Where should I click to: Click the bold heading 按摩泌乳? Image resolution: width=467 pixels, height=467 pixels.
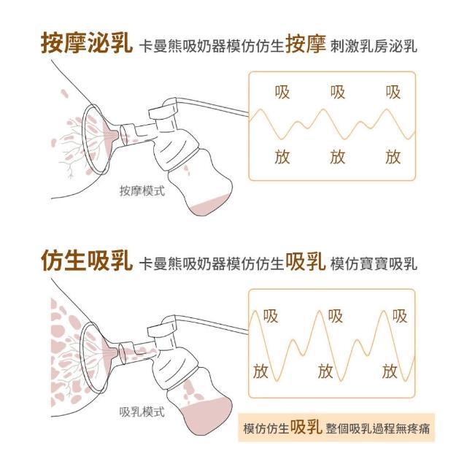[x=86, y=45]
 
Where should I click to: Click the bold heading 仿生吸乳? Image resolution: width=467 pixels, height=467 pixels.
[x=86, y=261]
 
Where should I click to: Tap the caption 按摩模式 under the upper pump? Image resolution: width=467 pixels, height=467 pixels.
[x=142, y=191]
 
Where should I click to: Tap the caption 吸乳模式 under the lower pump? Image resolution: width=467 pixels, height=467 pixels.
[x=142, y=412]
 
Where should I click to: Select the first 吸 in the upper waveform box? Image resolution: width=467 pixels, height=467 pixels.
[x=282, y=92]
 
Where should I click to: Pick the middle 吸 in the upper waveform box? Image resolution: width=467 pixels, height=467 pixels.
[x=338, y=92]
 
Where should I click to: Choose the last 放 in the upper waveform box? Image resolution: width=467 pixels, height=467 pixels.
[x=393, y=157]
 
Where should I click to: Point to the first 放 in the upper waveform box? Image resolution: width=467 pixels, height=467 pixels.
[x=282, y=157]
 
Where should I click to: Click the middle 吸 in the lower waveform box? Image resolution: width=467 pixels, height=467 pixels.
[x=336, y=316]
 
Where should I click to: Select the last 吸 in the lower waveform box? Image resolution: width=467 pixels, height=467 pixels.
[x=399, y=316]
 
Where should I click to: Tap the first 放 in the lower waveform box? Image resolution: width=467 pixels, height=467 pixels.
[x=260, y=371]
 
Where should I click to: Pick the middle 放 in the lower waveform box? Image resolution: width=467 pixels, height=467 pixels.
[x=325, y=371]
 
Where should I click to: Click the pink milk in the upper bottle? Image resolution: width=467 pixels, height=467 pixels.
[x=210, y=206]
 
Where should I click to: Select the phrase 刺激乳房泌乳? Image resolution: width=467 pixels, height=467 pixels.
[x=374, y=47]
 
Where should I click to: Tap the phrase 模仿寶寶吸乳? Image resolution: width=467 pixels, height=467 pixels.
[x=374, y=263]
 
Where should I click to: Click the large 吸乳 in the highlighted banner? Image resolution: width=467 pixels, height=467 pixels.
[x=306, y=427]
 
